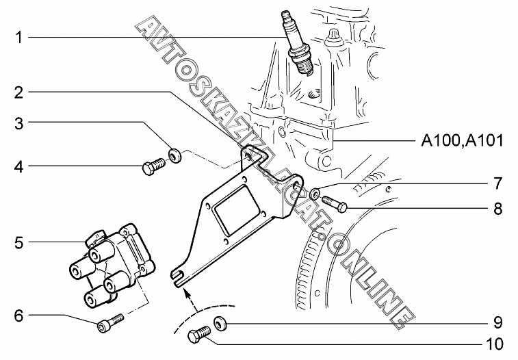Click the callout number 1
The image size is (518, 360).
[x=20, y=37]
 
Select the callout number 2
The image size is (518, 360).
[x=20, y=92]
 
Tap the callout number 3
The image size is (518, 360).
[x=20, y=123]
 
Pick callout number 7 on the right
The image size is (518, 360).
[x=497, y=183]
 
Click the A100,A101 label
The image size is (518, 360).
[x=462, y=142]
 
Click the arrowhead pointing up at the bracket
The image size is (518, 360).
[x=185, y=294]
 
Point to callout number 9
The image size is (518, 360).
[x=497, y=322]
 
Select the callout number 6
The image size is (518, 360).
[x=20, y=316]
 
